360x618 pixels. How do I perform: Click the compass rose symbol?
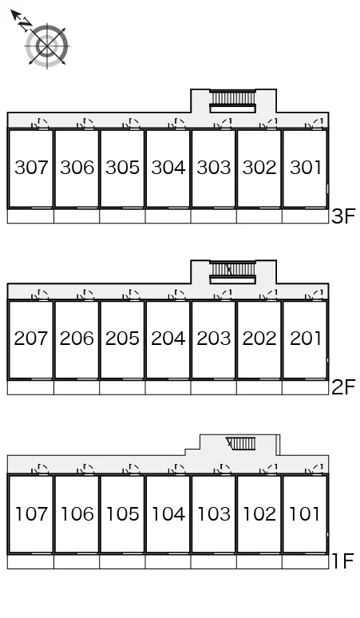click(47, 46)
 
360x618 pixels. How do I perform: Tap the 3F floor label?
click(343, 216)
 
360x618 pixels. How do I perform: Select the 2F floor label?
click(343, 387)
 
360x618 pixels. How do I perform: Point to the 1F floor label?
click(343, 561)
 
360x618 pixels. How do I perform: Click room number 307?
click(31, 167)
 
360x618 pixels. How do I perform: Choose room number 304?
click(168, 167)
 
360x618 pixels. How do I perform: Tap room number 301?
click(305, 167)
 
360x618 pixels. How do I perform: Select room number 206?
click(77, 339)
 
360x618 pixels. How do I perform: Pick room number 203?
click(214, 339)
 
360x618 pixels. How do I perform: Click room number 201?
click(305, 339)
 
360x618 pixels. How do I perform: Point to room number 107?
click(31, 513)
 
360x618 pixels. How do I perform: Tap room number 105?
click(122, 513)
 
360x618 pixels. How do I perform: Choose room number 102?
click(259, 513)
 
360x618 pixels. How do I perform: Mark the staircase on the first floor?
click(240, 443)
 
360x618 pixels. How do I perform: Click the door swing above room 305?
click(133, 124)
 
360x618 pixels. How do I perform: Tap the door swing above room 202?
click(269, 295)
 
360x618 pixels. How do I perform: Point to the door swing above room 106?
click(87, 469)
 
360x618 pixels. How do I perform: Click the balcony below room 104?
click(168, 561)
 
